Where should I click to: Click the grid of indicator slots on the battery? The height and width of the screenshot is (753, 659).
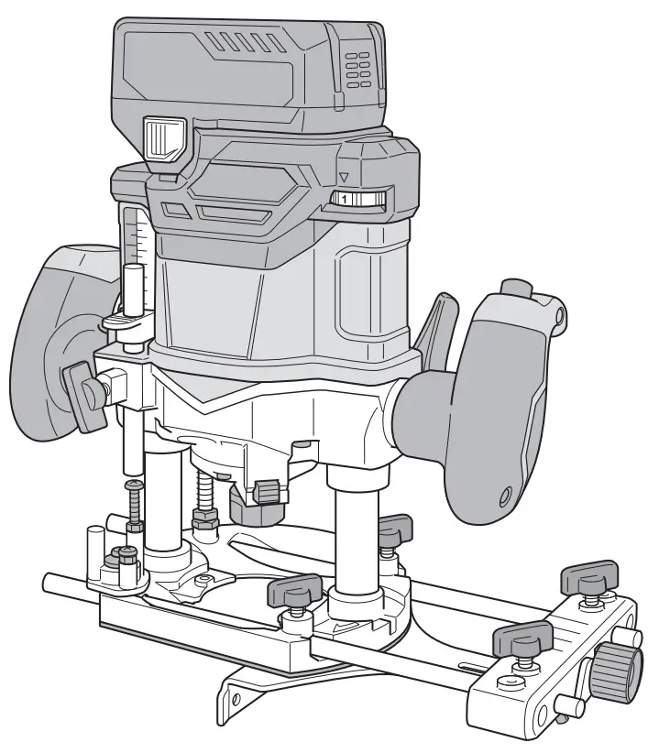358,70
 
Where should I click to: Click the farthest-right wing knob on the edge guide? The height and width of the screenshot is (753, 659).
587,577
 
